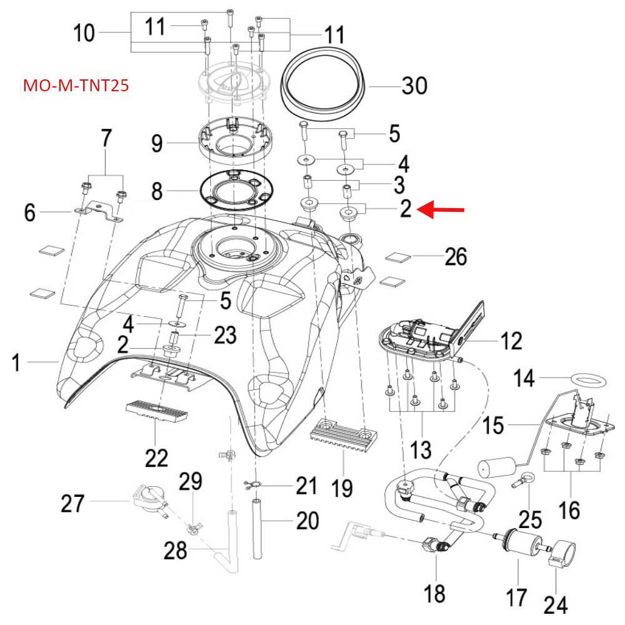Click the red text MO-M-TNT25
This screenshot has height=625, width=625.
pos(76,85)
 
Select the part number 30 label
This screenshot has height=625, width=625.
pos(414,85)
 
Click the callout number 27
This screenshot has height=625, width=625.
pos(72,503)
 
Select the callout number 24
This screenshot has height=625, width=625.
pos(556,604)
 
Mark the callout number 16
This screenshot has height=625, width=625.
pos(570,511)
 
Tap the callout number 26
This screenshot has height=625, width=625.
pos(455,256)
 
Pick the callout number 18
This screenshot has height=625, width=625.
pos(436,593)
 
